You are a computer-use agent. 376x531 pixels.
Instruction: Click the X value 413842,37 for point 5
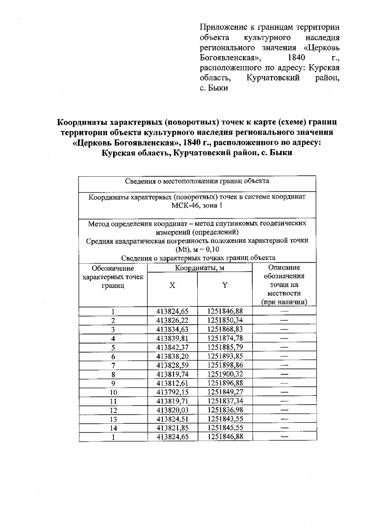coord(172,347)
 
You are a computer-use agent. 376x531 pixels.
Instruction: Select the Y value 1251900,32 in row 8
coord(225,374)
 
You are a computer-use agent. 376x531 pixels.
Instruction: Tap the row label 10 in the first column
coord(113,392)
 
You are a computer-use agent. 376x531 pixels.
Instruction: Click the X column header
coord(172,285)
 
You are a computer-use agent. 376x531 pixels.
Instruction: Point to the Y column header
coord(225,285)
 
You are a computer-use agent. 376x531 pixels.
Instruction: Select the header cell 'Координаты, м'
coord(200,268)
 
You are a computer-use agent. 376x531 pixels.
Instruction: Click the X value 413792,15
coord(172,392)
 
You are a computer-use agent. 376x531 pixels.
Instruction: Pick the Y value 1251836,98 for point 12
coord(225,410)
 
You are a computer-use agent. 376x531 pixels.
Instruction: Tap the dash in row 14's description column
coord(284,428)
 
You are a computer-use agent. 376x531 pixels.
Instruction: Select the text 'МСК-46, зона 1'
coord(197,206)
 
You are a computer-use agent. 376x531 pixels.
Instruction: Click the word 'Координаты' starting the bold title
coord(81,122)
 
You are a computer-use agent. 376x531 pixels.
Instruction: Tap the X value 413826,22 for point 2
coord(172,320)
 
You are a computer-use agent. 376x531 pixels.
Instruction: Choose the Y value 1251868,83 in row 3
coord(225,329)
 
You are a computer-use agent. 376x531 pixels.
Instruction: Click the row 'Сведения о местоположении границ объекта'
coord(197,181)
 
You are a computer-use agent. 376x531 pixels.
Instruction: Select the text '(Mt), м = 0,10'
coord(197,249)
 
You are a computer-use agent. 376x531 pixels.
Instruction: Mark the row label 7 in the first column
coord(113,365)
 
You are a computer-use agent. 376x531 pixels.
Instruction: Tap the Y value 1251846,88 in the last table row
coord(225,436)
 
